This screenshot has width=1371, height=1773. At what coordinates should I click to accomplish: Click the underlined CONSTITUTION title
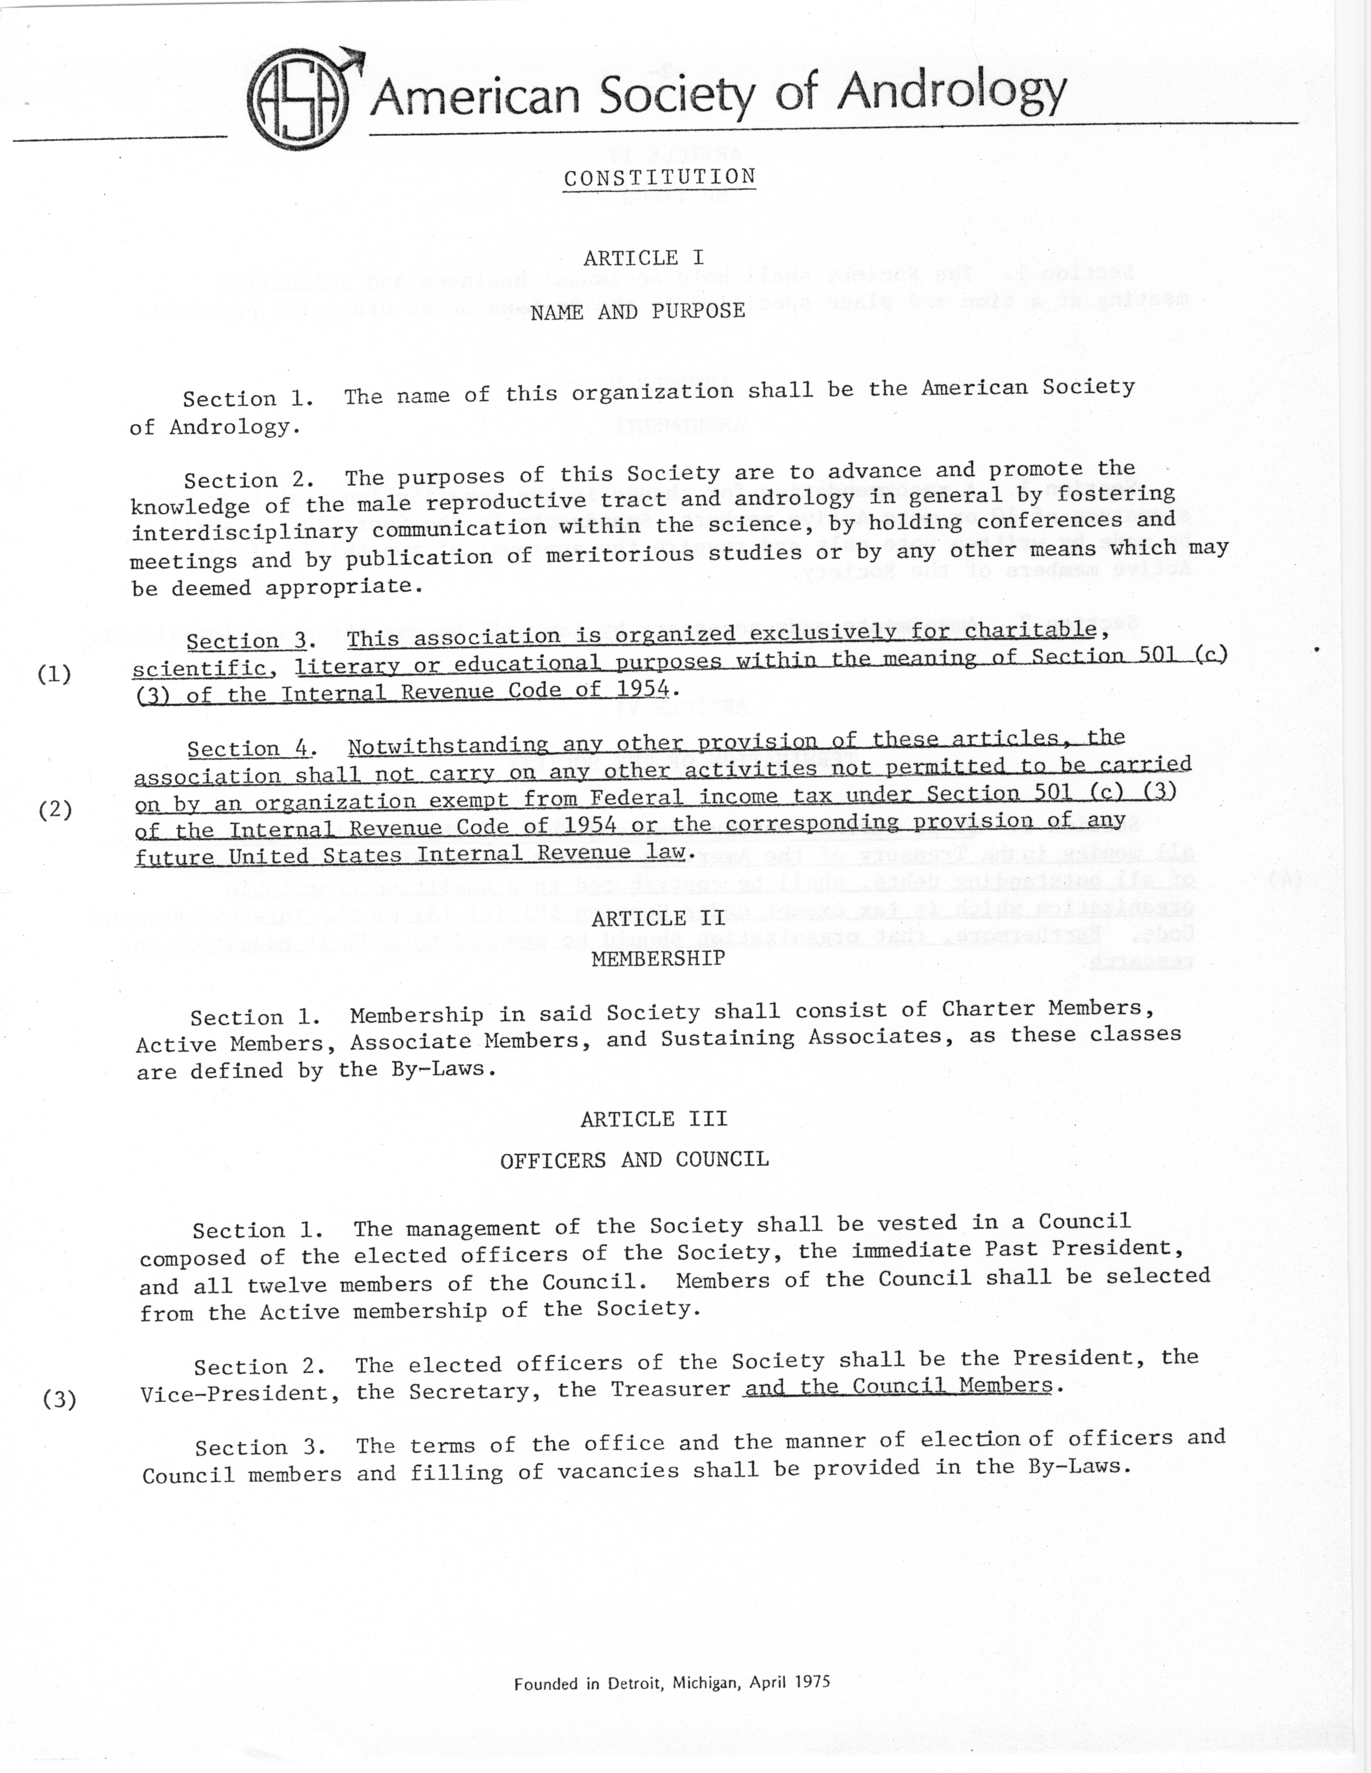[659, 177]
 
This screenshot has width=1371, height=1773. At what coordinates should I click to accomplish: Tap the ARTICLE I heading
[643, 258]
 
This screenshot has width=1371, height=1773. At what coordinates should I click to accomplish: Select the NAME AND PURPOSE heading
[638, 312]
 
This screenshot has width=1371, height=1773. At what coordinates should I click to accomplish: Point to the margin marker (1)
[54, 674]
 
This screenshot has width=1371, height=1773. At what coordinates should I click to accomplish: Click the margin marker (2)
[55, 809]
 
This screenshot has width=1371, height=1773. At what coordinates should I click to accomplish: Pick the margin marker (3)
[59, 1400]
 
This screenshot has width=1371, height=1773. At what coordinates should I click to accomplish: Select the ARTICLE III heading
[654, 1119]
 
